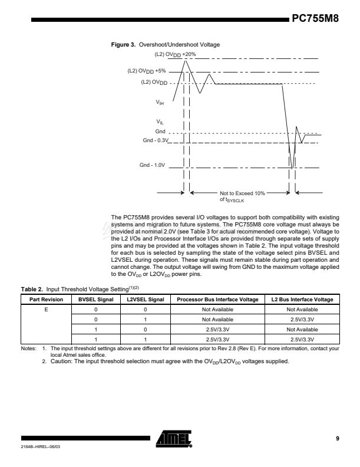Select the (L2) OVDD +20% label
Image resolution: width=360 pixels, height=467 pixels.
(x=167, y=54)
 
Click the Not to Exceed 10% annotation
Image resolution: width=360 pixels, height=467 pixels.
(x=242, y=193)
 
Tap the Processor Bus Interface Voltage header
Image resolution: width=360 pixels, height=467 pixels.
(x=217, y=300)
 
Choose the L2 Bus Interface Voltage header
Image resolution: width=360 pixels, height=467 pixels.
(x=302, y=300)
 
